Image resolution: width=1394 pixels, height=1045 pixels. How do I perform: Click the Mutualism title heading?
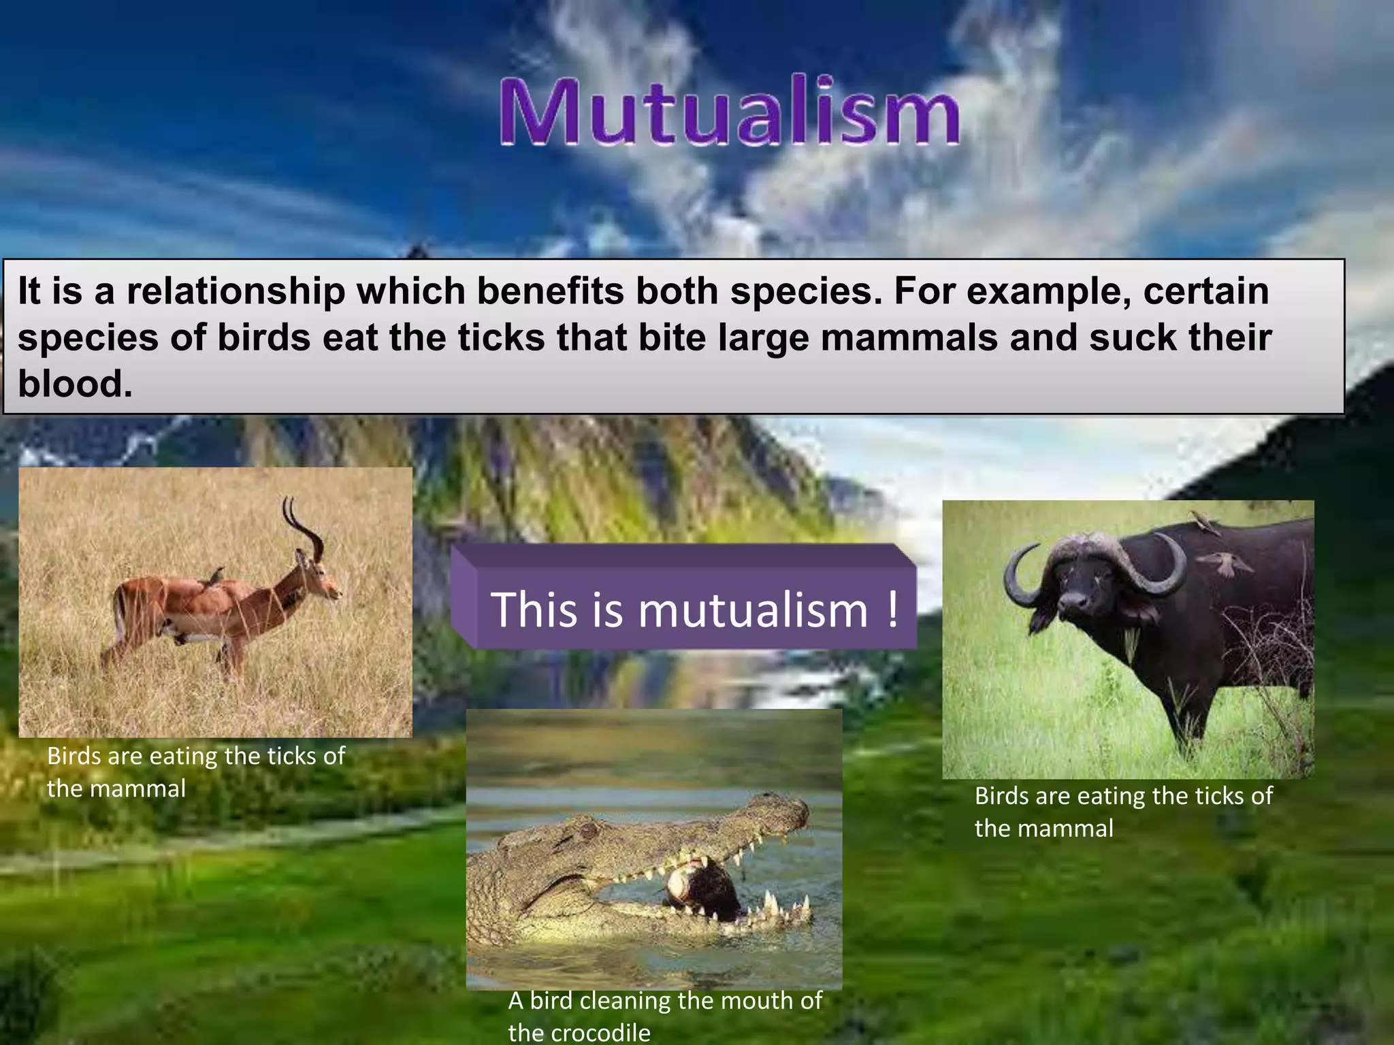(730, 112)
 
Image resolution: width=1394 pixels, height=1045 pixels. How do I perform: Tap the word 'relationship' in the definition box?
(236, 291)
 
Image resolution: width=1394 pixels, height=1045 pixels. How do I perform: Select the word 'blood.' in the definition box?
(75, 384)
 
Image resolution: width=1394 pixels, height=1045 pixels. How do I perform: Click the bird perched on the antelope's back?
(216, 576)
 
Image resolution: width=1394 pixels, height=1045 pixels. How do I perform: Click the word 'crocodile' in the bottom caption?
(579, 1033)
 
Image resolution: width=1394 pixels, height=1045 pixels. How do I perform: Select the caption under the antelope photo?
(195, 772)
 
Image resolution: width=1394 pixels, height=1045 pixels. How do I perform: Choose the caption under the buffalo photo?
(1123, 811)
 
